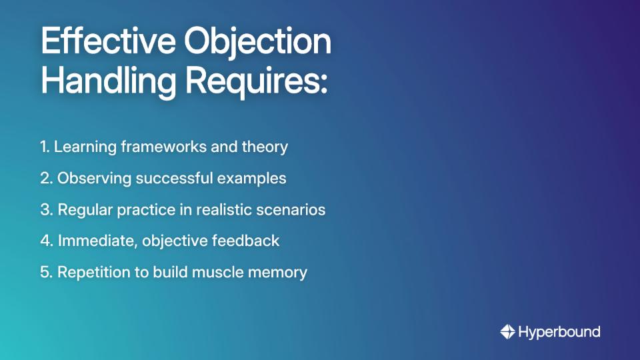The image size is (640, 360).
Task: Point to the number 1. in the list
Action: coord(45,147)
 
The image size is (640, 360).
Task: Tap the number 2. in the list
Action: coord(46,178)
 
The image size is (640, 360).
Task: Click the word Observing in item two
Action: coord(89,179)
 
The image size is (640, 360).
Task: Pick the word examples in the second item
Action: coord(254,179)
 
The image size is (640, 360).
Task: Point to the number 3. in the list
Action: coord(46,209)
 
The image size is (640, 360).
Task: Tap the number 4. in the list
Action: coord(46,241)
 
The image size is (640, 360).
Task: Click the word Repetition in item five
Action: coord(90,272)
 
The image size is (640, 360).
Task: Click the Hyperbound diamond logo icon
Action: coord(507,331)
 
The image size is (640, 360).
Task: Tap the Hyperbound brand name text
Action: coord(559,331)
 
